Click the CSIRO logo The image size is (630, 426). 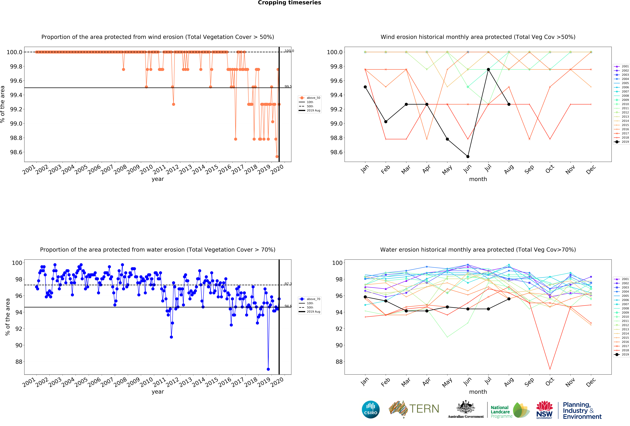pos(371,409)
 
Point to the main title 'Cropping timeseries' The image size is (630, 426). pos(289,3)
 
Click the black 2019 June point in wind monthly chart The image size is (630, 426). pos(468,156)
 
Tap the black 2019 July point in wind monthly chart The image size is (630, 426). pos(488,69)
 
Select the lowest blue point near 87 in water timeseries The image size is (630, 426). pos(268,369)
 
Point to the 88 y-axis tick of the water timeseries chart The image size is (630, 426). pos(18,362)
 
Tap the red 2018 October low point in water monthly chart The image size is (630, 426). pos(550,369)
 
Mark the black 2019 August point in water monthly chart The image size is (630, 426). pos(509,299)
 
